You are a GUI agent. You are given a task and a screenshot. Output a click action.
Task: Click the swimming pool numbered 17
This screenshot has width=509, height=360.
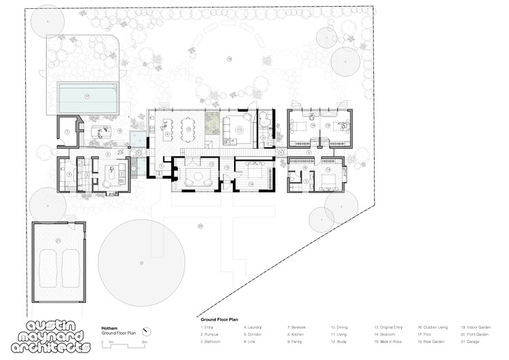click(88, 98)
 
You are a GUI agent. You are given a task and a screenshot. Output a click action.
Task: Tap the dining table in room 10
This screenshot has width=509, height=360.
click(188, 126)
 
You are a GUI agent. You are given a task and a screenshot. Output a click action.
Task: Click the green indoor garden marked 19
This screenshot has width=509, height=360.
click(212, 123)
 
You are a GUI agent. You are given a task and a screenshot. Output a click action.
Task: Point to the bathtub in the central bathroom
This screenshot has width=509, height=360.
click(265, 124)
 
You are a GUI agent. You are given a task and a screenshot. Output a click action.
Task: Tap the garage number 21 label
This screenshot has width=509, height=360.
click(58, 240)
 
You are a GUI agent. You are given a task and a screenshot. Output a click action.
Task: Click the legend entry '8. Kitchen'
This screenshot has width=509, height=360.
click(298, 334)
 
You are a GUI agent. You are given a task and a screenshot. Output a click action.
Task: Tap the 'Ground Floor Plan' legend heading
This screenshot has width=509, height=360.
click(219, 318)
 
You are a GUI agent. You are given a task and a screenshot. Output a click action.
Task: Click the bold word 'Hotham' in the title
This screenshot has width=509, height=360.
click(110, 327)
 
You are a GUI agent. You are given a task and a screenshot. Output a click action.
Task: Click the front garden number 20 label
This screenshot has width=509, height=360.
click(200, 226)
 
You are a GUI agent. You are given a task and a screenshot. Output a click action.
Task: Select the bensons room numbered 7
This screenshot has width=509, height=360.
click(68, 132)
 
